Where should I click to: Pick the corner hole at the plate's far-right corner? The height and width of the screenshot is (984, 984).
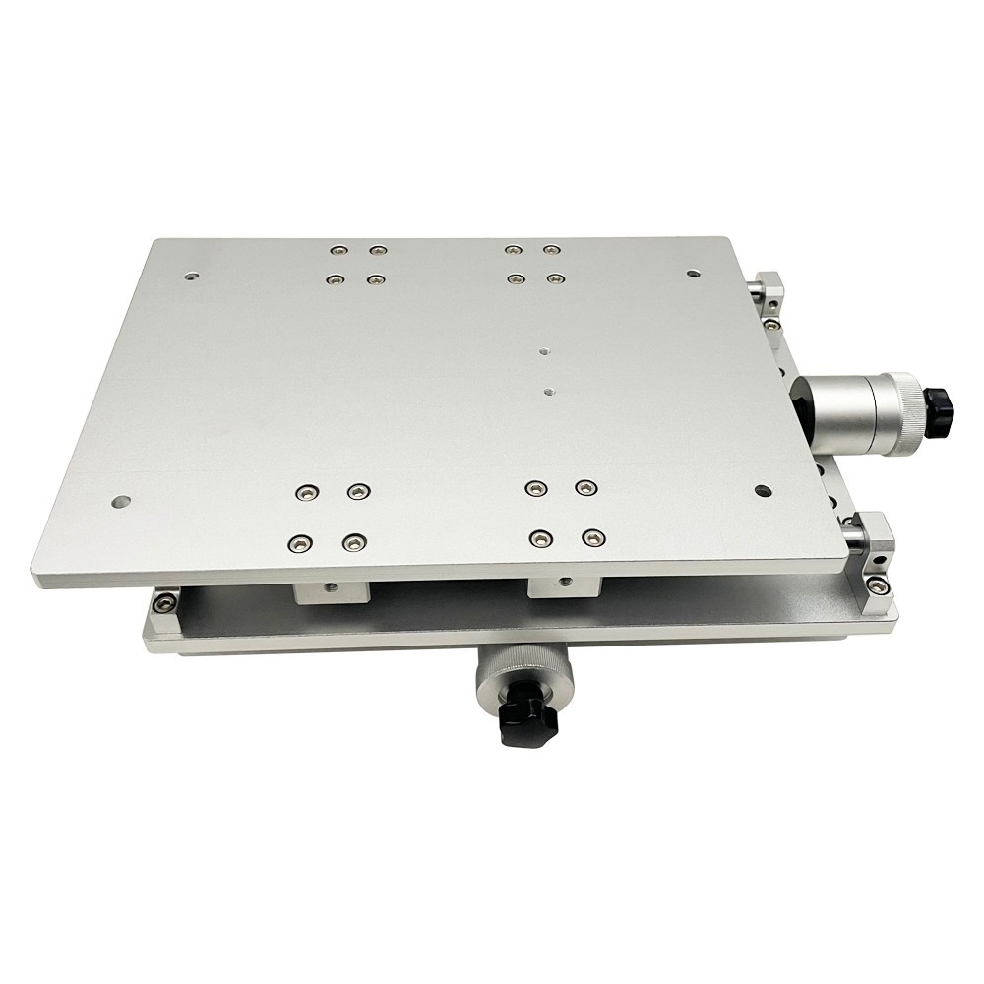693,273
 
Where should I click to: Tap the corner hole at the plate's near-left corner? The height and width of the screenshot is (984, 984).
119,501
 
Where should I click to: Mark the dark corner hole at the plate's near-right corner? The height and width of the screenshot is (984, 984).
762,489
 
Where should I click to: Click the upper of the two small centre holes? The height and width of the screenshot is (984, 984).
543,348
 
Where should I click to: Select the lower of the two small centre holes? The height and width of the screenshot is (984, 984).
548,391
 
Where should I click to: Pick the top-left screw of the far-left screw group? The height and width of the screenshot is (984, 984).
338,250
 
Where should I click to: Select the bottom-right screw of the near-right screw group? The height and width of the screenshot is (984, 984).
592,537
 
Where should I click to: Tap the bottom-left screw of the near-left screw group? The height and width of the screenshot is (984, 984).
298,542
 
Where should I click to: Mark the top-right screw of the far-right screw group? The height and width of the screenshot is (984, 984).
551,250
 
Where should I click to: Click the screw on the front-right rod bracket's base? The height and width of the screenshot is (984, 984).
879,586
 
